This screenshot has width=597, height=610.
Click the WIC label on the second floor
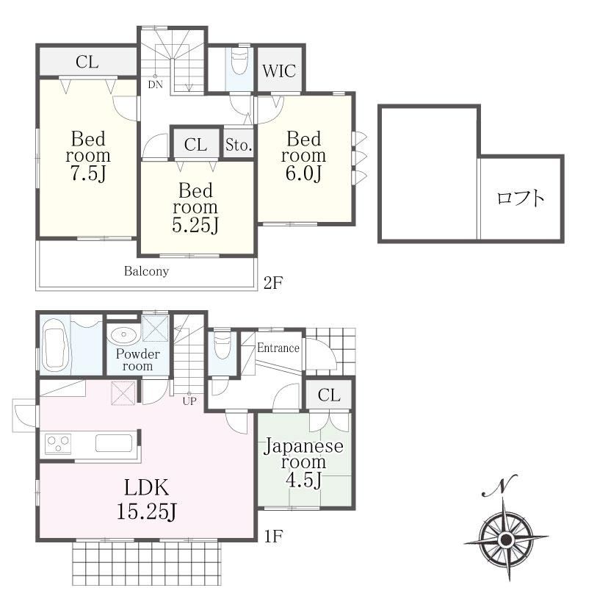279,71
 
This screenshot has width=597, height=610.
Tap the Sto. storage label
239,145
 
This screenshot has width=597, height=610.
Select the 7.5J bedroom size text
88,173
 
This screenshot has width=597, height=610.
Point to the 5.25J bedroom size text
195,224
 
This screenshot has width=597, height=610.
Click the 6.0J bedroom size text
303,173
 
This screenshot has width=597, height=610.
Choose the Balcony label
147,271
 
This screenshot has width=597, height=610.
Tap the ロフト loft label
521,198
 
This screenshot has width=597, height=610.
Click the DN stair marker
155,85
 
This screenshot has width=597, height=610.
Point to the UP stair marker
189,401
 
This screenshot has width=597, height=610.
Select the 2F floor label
273,283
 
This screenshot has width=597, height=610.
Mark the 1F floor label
273,537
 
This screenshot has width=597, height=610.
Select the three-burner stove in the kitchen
58,443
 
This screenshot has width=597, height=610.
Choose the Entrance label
278,348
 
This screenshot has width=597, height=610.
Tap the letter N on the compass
499,486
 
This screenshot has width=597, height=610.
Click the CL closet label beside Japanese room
329,395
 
